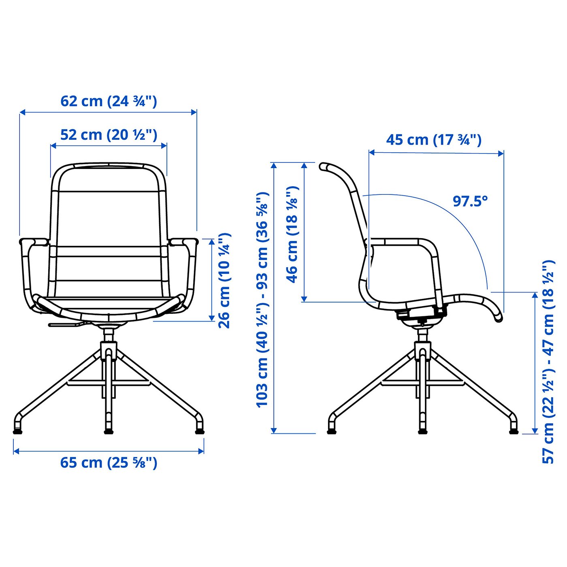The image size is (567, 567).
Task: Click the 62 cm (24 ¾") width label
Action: click(x=108, y=101)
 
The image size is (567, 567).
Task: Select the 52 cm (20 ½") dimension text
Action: click(x=109, y=135)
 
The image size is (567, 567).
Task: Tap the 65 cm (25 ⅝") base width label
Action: click(x=109, y=463)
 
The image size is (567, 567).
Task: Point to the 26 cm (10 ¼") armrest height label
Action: click(x=224, y=281)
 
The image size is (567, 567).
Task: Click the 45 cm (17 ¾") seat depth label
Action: click(x=434, y=140)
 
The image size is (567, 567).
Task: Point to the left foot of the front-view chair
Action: click(x=17, y=431)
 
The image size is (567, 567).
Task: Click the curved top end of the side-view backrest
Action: click(x=324, y=166)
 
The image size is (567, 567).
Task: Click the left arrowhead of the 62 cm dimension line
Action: click(x=23, y=112)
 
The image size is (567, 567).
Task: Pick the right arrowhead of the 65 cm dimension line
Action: click(x=201, y=451)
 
